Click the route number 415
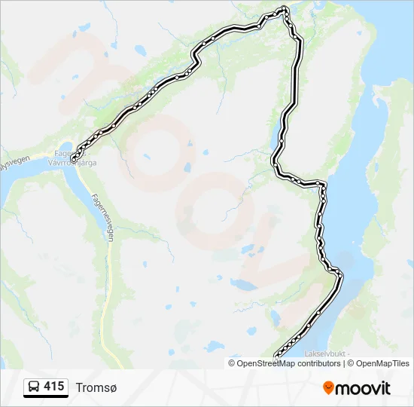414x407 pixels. click(x=53, y=387)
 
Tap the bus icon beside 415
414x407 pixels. click(x=34, y=387)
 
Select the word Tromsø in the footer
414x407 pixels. click(x=96, y=387)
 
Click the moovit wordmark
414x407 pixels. click(x=363, y=388)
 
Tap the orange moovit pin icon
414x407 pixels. click(x=328, y=387)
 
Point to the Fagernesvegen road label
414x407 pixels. click(x=103, y=214)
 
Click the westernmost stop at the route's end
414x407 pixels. click(x=74, y=158)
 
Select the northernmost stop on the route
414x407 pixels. click(x=284, y=9)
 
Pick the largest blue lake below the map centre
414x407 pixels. click(x=243, y=284)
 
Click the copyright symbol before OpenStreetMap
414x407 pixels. click(x=233, y=363)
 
